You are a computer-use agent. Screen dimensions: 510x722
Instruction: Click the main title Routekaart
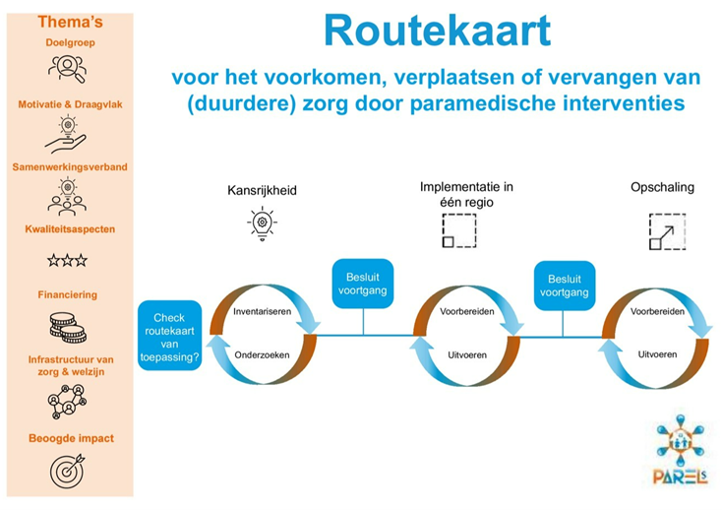(x=437, y=32)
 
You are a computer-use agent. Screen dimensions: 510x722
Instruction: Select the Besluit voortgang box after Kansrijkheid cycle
(x=363, y=284)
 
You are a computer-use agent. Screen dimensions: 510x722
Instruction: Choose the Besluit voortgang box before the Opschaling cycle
(x=565, y=284)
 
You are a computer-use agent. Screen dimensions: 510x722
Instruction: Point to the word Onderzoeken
(x=260, y=353)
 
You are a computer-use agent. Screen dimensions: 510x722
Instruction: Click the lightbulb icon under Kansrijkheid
(x=261, y=225)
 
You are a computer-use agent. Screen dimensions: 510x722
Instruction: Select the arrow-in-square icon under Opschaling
(x=664, y=230)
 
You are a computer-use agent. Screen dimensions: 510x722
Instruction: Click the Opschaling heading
(x=662, y=186)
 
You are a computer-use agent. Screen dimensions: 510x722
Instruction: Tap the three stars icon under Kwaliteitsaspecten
(x=67, y=261)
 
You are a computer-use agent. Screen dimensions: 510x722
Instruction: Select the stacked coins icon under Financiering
(x=67, y=326)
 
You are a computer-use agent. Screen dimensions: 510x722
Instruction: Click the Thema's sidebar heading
(x=69, y=21)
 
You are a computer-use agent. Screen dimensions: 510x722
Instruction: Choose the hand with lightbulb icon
(x=67, y=132)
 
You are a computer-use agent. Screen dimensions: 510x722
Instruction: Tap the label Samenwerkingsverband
(x=69, y=166)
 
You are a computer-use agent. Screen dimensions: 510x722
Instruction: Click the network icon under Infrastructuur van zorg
(x=67, y=401)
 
